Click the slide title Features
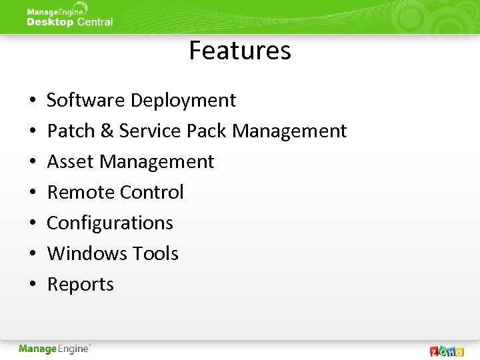240,51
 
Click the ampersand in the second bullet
107,131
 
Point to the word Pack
207,131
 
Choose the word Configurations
110,223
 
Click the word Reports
81,285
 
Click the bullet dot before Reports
33,285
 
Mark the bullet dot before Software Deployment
33,101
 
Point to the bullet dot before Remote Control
33,193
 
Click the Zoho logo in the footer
447,351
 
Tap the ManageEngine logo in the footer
55,349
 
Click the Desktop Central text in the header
69,22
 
